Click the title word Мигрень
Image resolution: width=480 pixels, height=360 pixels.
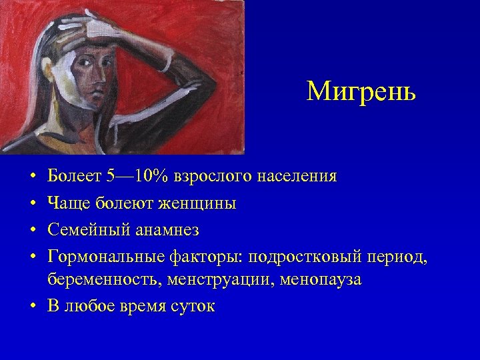coord(361,91)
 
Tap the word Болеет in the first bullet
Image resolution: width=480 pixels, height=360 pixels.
coord(73,177)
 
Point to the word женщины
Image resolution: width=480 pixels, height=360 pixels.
coord(199,203)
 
